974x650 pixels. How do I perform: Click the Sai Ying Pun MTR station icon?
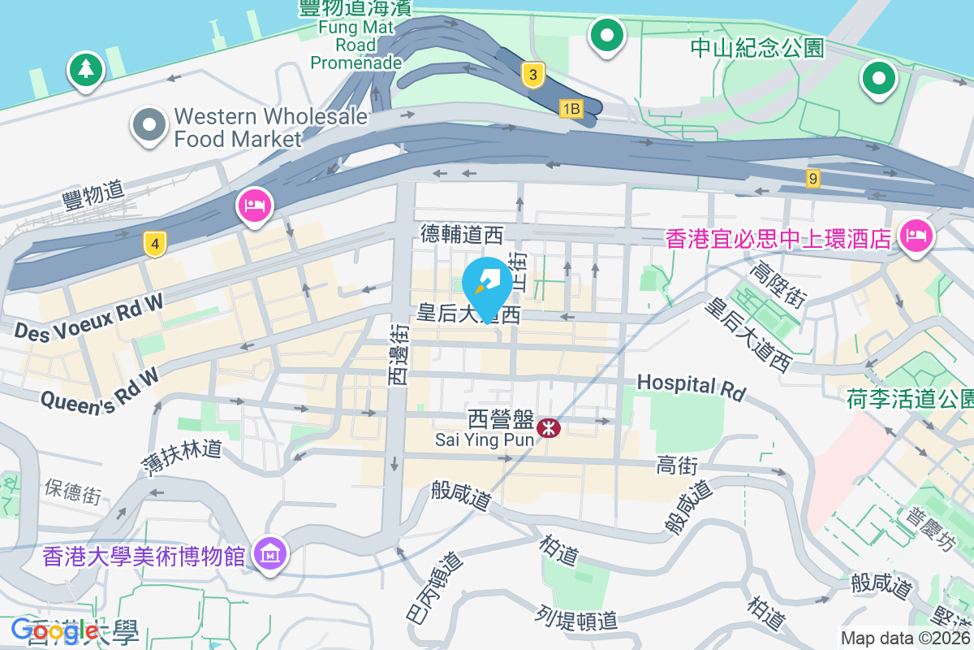click(549, 427)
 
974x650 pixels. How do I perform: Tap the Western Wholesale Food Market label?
click(270, 128)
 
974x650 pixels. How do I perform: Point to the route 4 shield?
click(154, 242)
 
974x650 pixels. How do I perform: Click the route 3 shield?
click(532, 75)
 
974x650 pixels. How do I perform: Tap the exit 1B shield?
click(571, 108)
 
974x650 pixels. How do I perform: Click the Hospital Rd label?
click(691, 387)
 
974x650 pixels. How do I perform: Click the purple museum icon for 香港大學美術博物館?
click(269, 554)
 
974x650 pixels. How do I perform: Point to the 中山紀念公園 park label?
click(756, 48)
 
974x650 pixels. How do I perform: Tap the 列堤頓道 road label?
click(577, 620)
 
